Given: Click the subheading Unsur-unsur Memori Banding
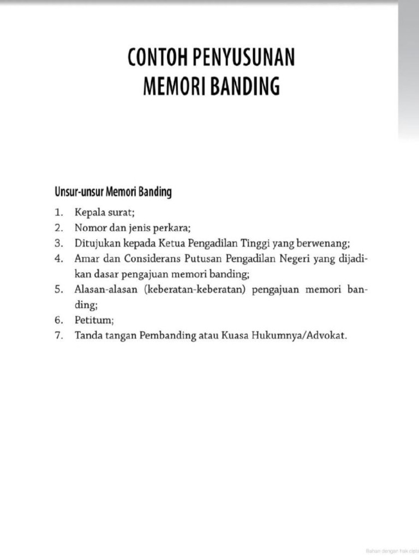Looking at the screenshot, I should (x=113, y=192).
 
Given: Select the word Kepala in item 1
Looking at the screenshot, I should (x=89, y=213).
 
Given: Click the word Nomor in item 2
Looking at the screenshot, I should (x=91, y=228).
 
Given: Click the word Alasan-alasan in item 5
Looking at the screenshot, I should (x=106, y=289).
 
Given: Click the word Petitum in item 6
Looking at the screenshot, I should (x=93, y=320).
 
